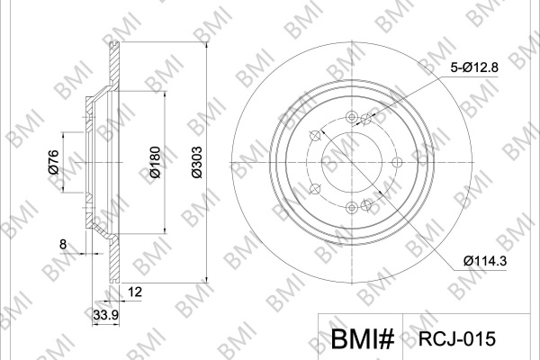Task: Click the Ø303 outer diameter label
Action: (197, 162)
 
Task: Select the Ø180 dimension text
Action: (156, 162)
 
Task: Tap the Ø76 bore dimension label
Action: (54, 162)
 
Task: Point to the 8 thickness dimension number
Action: (63, 245)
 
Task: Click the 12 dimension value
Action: (135, 292)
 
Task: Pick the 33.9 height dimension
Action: (106, 315)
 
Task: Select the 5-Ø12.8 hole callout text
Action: (474, 67)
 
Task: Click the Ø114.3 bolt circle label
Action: (485, 261)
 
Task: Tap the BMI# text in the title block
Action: (363, 338)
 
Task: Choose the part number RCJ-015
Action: (456, 338)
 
